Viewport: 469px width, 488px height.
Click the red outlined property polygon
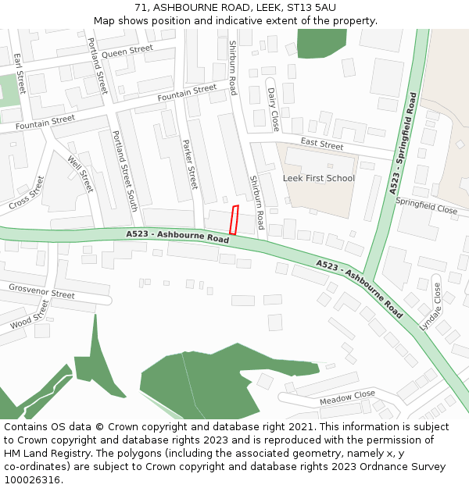coord(234,219)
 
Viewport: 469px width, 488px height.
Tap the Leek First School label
coord(318,178)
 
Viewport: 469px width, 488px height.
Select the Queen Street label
coord(127,52)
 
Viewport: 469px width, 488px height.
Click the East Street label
coord(321,144)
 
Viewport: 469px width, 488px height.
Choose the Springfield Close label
coord(426,205)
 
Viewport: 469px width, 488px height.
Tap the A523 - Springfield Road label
coord(404,144)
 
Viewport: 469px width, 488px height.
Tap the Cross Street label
coord(27,192)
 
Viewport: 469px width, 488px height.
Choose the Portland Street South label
coord(124,171)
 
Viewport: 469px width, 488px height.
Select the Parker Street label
coord(190,164)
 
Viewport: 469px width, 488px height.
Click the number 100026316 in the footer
coord(33,479)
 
